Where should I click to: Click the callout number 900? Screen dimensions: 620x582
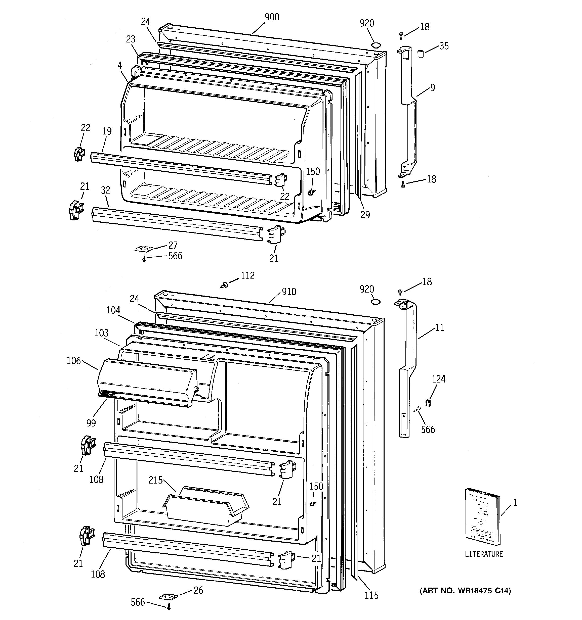click(272, 17)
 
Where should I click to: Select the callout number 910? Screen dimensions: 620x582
click(289, 292)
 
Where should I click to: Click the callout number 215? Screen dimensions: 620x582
click(155, 480)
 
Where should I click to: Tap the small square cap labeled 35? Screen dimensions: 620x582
click(420, 53)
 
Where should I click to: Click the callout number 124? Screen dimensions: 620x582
click(438, 379)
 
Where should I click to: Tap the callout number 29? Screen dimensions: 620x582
click(365, 215)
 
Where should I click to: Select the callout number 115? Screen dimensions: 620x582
click(371, 595)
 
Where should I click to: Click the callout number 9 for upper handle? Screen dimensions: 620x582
click(433, 88)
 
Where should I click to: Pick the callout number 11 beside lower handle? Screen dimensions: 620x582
click(439, 327)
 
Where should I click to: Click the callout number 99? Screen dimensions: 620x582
click(91, 423)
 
